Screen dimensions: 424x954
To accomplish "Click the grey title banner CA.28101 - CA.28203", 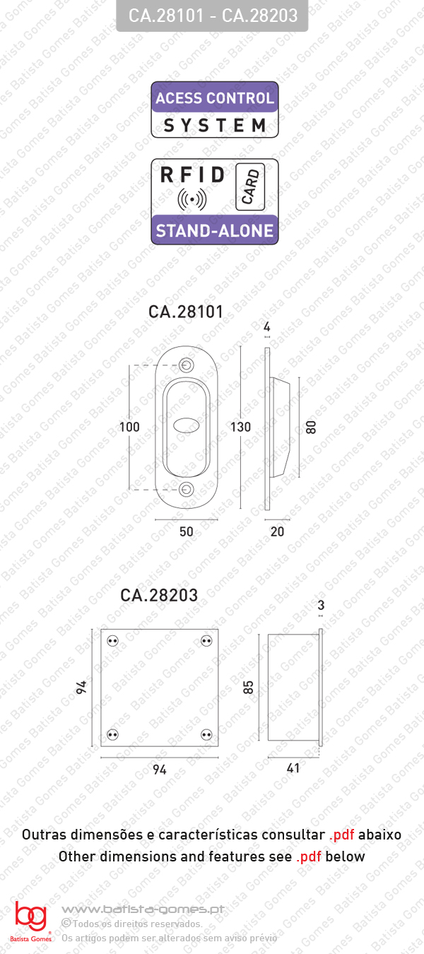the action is (212, 16).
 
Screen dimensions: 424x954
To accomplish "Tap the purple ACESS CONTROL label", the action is (215, 98).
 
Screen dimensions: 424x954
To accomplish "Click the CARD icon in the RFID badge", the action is (250, 187).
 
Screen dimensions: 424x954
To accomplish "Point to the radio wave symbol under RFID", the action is (192, 199).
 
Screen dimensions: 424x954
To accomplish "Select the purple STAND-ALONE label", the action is (215, 230).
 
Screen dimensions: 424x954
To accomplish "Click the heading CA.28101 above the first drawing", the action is (186, 312).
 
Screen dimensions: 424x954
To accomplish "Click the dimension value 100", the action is (129, 427).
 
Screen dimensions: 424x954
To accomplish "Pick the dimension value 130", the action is (240, 427).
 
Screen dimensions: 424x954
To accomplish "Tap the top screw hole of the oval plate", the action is (186, 365).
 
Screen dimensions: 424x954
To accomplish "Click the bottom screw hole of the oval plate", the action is (186, 489).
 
